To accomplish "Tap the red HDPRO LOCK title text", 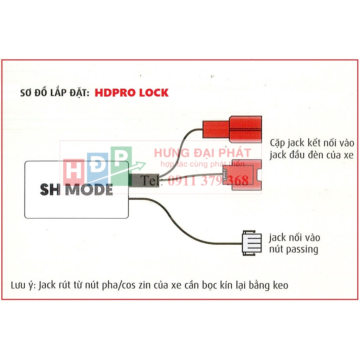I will (131, 93).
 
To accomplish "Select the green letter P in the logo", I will (121, 161).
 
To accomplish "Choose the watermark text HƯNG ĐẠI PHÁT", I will (202, 153).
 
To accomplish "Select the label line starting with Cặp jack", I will (312, 143).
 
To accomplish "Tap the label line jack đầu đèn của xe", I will (311, 155).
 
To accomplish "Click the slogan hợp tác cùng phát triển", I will (202, 164).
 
